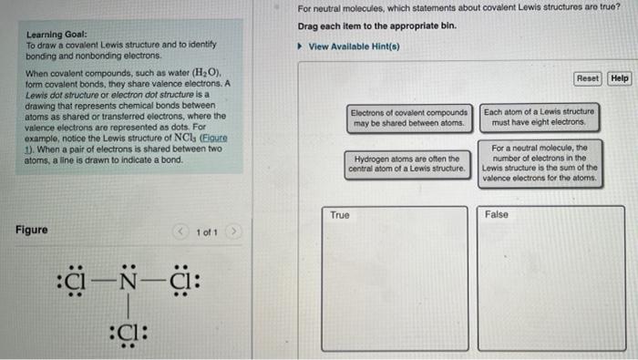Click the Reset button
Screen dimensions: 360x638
click(588, 78)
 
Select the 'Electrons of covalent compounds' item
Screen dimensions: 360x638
click(409, 117)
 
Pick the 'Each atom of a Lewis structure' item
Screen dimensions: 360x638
click(538, 117)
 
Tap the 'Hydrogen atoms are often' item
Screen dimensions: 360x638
click(406, 163)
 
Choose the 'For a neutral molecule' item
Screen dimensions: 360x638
click(539, 163)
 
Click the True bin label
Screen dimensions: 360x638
click(340, 215)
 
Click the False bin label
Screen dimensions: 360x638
click(498, 215)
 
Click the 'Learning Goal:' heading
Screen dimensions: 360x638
click(57, 34)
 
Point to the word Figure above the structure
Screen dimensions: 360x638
click(32, 230)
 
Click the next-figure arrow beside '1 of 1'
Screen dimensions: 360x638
click(233, 231)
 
